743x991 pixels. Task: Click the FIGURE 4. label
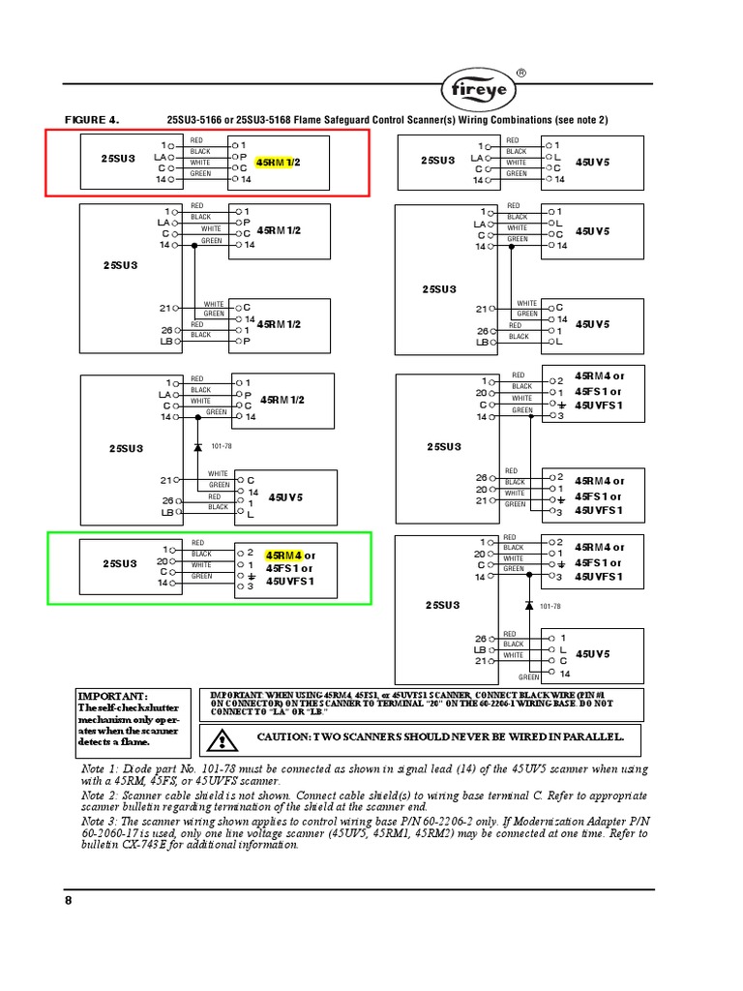click(91, 120)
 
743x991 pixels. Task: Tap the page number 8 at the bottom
click(69, 901)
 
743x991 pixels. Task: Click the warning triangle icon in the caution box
click(222, 741)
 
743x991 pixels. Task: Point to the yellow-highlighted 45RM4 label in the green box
click(283, 556)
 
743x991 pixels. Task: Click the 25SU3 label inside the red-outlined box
click(118, 158)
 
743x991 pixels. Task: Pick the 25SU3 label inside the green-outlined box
click(120, 562)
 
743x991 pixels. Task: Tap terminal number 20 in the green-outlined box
click(162, 561)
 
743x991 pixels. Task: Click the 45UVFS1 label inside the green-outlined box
click(288, 582)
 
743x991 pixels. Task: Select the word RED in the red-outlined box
click(197, 140)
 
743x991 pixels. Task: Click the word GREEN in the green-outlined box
click(201, 576)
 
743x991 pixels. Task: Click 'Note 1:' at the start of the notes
click(103, 768)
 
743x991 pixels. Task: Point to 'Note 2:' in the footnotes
click(103, 795)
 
